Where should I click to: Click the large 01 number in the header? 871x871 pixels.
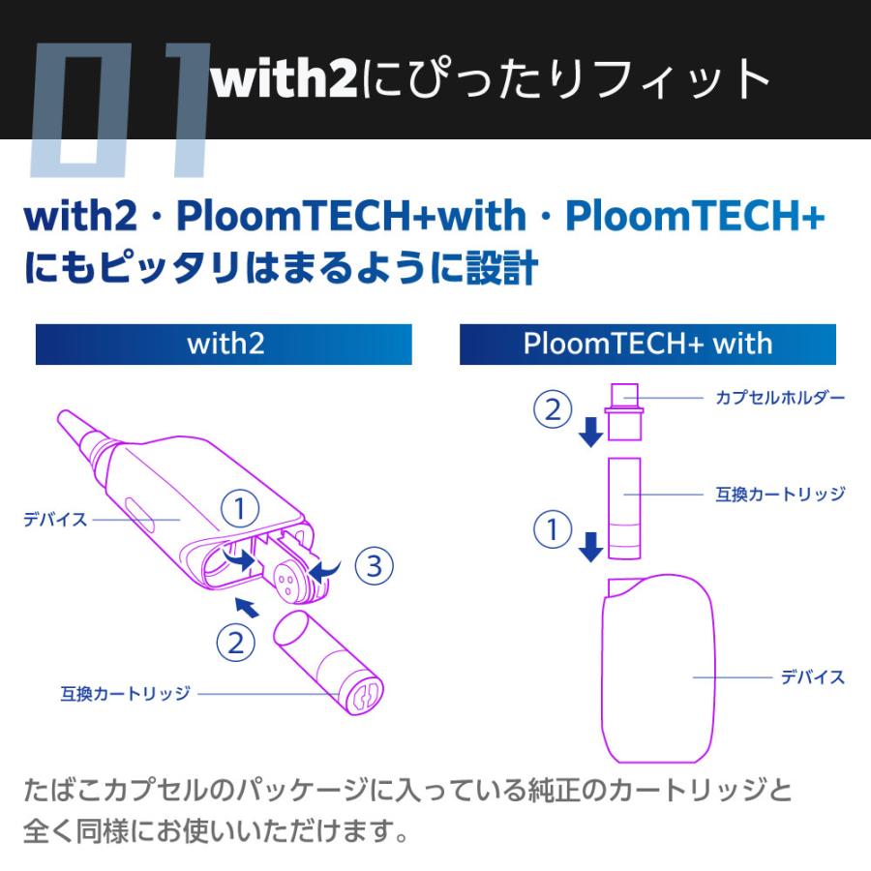(x=119, y=110)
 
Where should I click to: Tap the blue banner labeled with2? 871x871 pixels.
(x=224, y=345)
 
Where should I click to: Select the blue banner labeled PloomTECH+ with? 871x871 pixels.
(x=647, y=345)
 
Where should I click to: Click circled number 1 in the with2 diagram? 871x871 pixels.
(x=240, y=509)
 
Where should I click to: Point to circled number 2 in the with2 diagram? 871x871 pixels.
(x=235, y=644)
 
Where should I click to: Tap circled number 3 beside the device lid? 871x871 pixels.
(x=375, y=566)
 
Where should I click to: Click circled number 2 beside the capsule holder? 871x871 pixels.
(x=553, y=409)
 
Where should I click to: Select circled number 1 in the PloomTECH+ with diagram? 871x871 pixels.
(x=553, y=528)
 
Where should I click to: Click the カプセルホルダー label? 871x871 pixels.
(x=780, y=398)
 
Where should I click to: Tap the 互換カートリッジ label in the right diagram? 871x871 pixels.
(x=780, y=494)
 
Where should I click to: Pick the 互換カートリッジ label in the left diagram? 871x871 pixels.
(x=126, y=694)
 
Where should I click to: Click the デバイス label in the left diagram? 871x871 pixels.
(x=55, y=520)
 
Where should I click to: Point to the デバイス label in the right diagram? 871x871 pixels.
(x=813, y=677)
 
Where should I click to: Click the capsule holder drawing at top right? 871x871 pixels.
(x=625, y=411)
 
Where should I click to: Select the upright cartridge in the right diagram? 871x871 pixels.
(x=625, y=508)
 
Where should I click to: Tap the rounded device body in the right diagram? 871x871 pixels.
(x=658, y=669)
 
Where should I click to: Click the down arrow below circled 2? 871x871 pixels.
(x=591, y=433)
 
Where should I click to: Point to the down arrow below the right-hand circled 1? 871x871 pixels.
(x=591, y=547)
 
